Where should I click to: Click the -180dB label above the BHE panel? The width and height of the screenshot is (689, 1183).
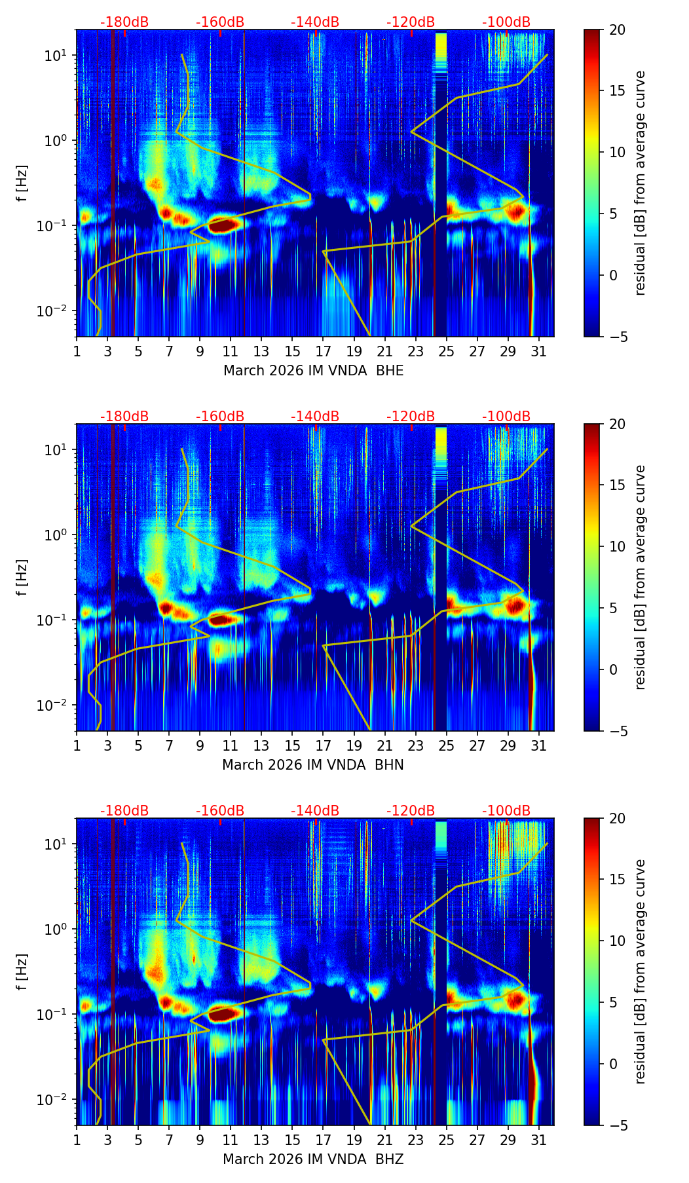(x=124, y=22)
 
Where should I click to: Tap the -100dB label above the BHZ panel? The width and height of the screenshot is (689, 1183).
(x=506, y=811)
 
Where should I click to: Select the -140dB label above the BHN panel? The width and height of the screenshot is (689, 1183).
(x=315, y=417)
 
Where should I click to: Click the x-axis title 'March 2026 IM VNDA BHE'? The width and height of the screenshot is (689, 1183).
(x=313, y=371)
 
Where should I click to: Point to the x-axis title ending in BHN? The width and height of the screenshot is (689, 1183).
(x=313, y=765)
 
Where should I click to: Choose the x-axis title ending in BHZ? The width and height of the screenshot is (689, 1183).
(x=313, y=1159)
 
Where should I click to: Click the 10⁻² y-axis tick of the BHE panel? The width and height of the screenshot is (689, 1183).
(x=56, y=310)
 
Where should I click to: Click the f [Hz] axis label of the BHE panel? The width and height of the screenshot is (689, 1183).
(x=23, y=183)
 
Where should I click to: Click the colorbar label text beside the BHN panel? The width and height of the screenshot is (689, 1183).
(x=640, y=577)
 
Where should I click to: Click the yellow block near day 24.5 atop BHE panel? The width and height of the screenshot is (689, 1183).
(x=441, y=46)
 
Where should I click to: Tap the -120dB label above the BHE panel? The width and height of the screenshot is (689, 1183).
(x=411, y=22)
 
